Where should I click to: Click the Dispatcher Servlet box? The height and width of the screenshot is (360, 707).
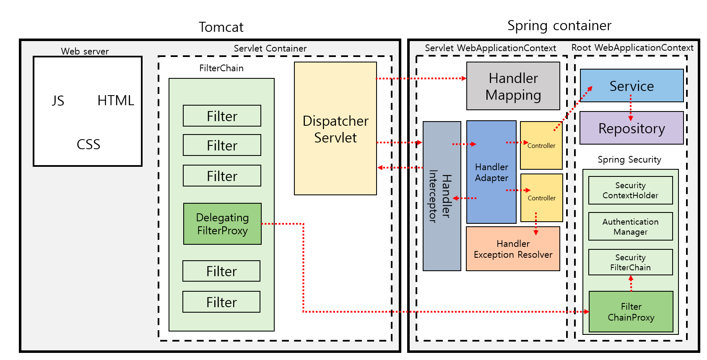tap(335, 129)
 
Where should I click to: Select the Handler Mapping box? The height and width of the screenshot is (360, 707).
tap(513, 86)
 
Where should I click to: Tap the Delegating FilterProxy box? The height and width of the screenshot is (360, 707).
tap(222, 224)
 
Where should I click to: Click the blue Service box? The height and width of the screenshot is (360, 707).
tap(632, 85)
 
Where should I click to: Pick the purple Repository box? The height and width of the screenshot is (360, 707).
tap(632, 128)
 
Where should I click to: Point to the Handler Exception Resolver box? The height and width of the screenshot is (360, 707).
tap(513, 249)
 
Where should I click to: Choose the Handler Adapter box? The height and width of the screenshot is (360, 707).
tap(491, 172)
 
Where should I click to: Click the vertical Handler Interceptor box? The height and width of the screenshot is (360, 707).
tap(442, 196)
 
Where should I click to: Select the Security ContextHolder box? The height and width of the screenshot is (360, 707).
tap(630, 190)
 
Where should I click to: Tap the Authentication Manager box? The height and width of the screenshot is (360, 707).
tap(630, 226)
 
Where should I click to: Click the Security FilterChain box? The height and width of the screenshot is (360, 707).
tap(630, 262)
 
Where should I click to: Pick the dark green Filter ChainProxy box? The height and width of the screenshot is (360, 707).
tap(631, 312)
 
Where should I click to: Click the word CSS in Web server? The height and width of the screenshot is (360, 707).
tap(88, 145)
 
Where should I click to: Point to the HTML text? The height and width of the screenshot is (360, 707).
tap(116, 101)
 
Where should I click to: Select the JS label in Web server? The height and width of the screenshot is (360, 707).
tap(58, 101)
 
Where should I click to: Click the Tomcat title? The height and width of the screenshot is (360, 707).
tap(221, 27)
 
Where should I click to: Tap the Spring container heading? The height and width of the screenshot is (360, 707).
tap(559, 26)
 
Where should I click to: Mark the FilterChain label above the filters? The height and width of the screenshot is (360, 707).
tap(221, 68)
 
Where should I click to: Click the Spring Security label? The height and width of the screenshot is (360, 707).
tap(629, 160)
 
